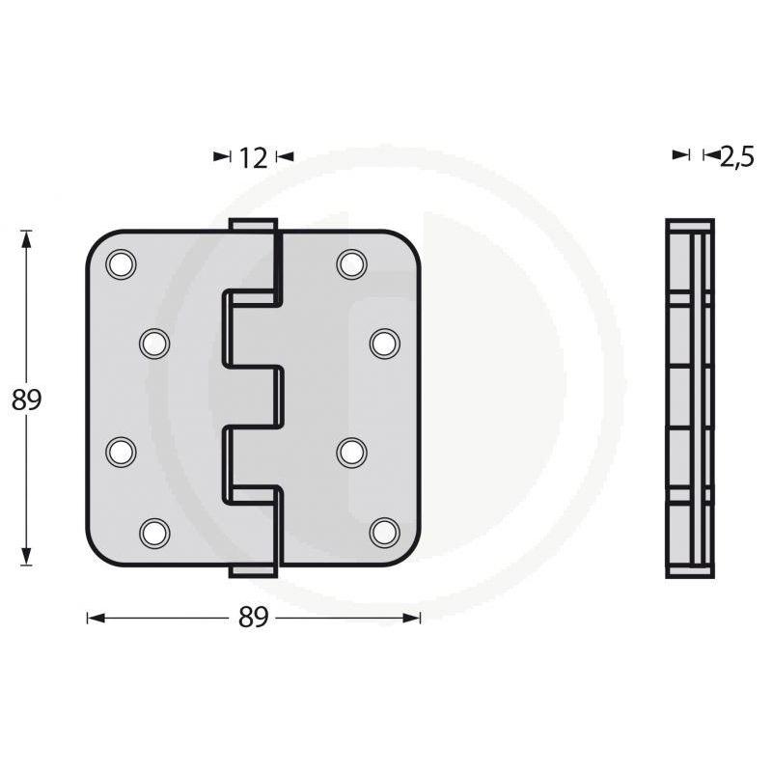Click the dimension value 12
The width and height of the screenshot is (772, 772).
[252, 157]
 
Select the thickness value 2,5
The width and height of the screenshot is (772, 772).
[736, 157]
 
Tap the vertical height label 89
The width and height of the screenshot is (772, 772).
[27, 400]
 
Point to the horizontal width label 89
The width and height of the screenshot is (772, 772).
[253, 619]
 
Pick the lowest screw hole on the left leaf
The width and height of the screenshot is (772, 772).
[153, 532]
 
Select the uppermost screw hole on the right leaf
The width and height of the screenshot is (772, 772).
[351, 263]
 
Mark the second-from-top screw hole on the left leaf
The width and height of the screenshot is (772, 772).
[153, 343]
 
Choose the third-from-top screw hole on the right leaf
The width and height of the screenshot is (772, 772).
[351, 451]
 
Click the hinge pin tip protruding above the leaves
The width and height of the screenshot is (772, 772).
[253, 225]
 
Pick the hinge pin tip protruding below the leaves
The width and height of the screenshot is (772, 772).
[253, 572]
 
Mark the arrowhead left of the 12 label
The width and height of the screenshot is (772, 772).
[222, 155]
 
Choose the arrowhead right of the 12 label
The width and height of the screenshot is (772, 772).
[284, 155]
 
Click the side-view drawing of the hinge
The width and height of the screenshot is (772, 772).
[690, 399]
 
